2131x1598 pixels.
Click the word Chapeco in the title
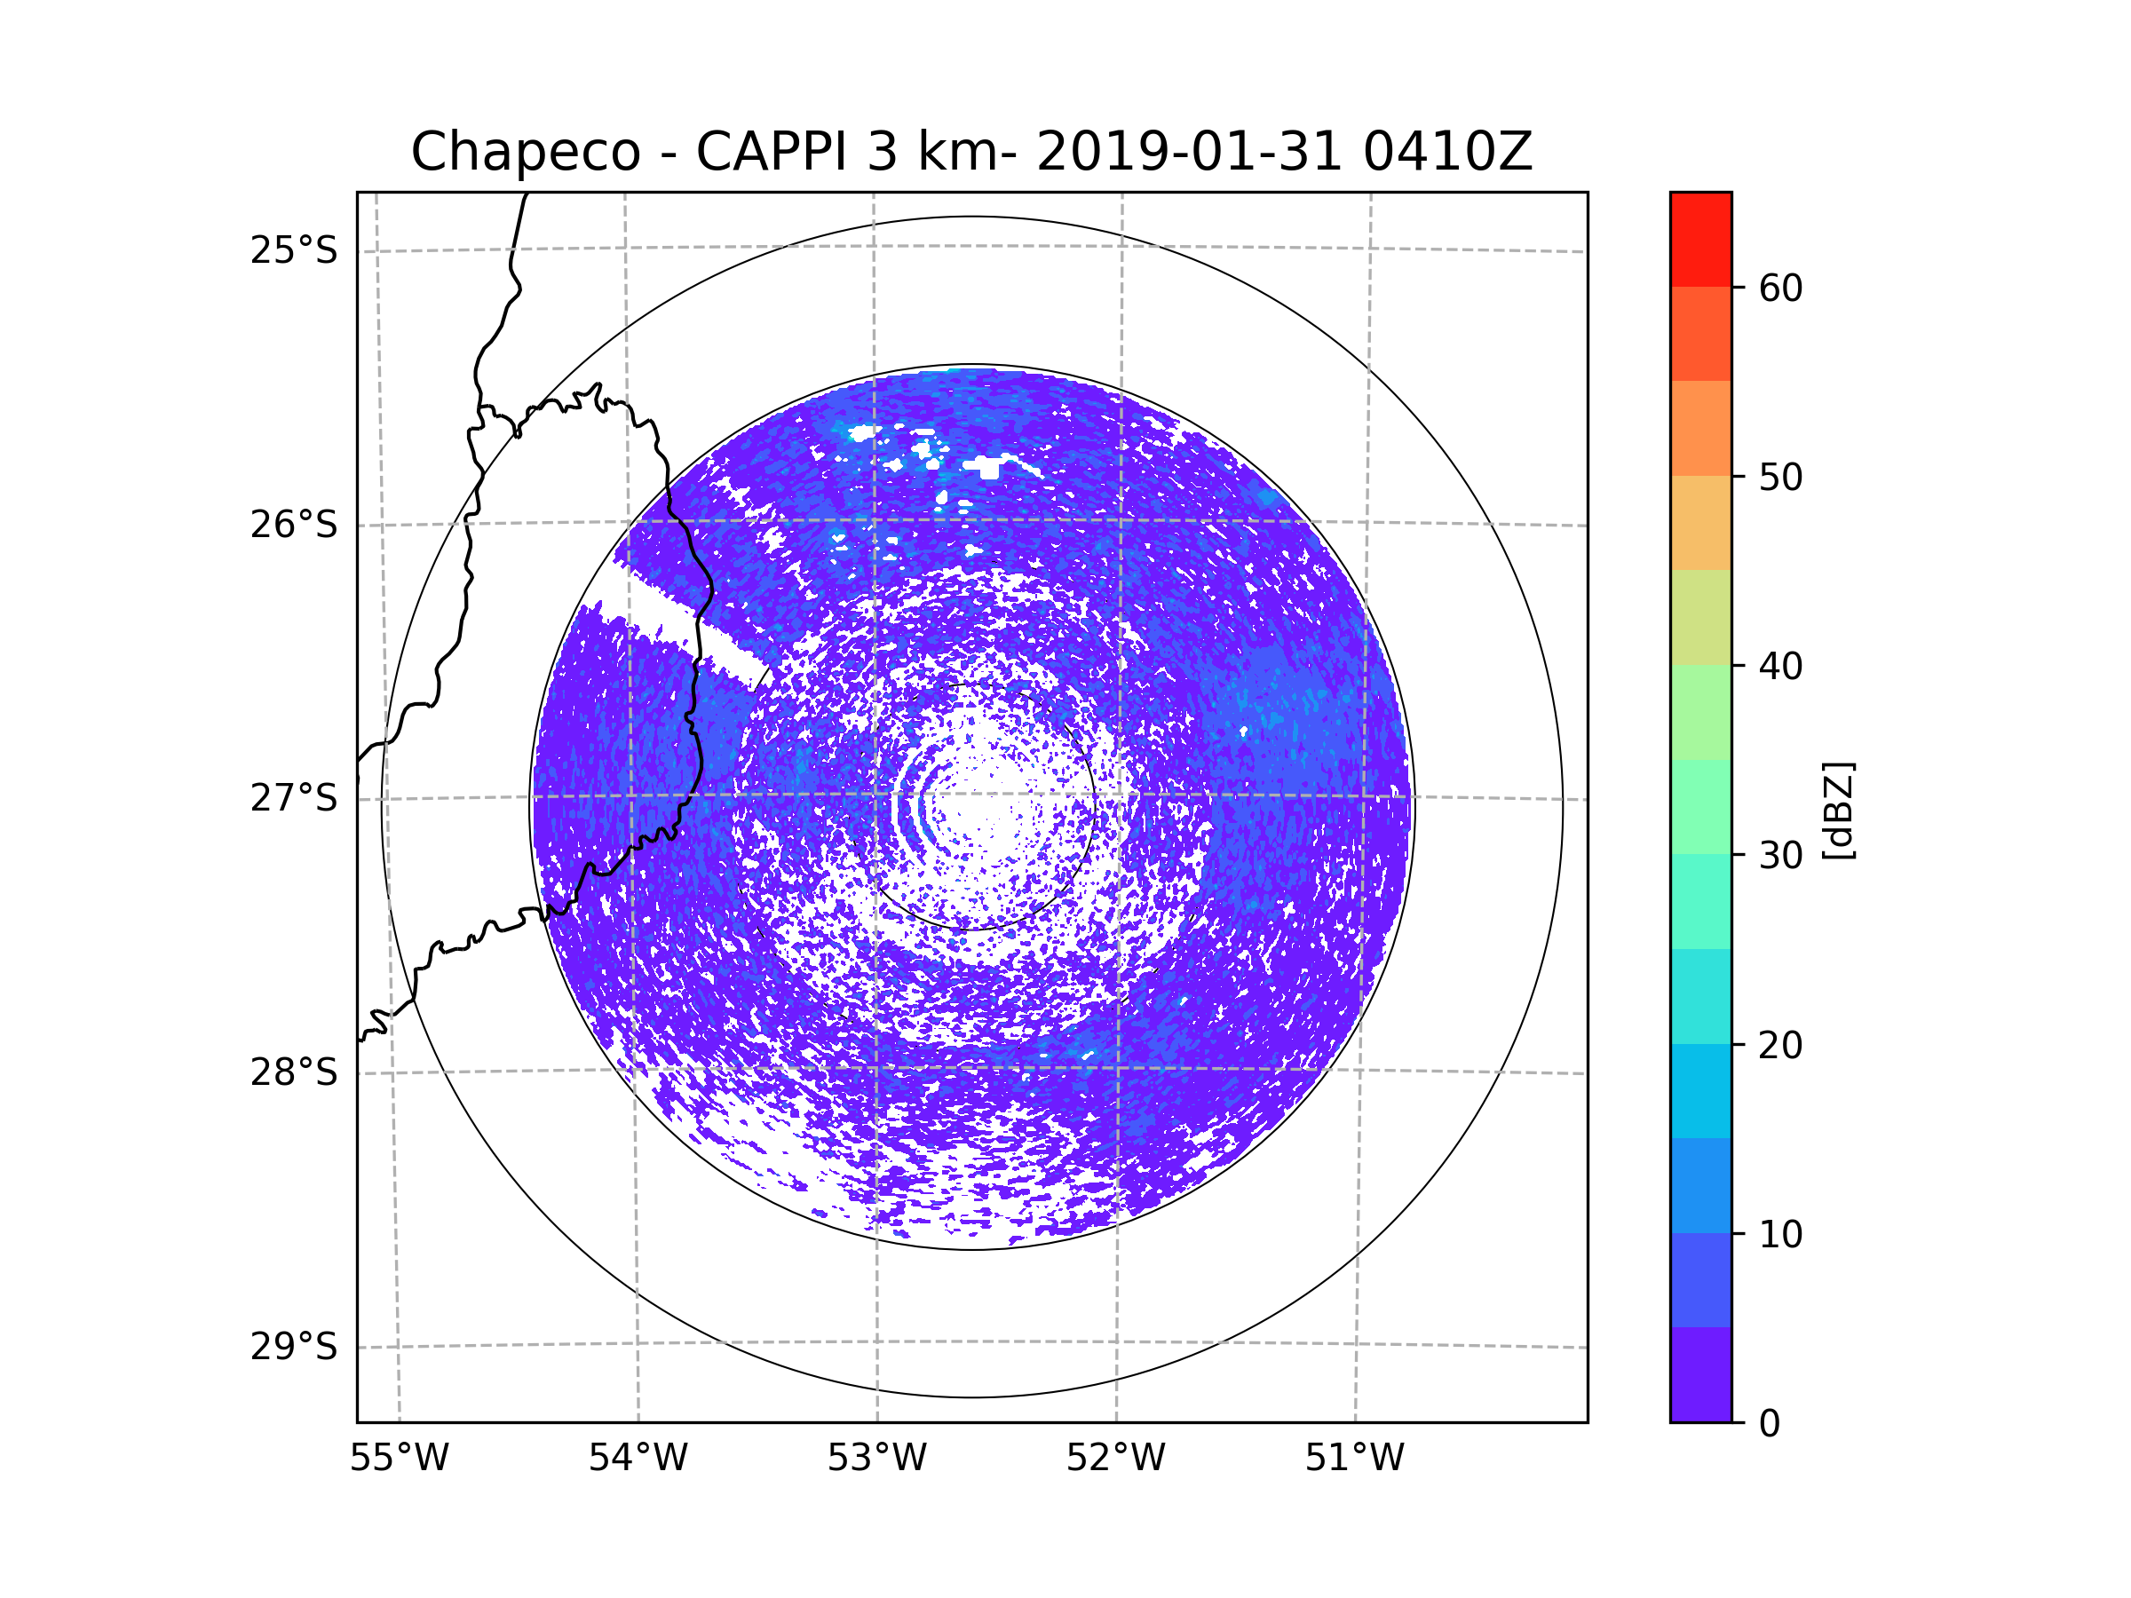point(525,152)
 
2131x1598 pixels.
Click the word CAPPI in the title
point(772,152)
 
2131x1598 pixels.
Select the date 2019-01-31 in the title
point(1188,152)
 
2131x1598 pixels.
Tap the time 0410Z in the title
point(1447,152)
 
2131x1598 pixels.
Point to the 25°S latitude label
point(294,250)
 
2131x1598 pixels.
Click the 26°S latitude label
point(294,525)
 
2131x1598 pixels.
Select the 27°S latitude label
point(294,798)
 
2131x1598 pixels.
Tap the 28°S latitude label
point(294,1072)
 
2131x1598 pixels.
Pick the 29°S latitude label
point(294,1347)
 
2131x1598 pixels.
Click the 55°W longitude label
point(399,1459)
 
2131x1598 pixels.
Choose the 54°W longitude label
point(638,1459)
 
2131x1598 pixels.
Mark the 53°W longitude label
point(876,1459)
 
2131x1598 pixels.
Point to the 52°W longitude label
point(1115,1459)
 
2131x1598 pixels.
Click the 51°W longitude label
point(1354,1459)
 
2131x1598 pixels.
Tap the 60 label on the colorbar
point(1780,288)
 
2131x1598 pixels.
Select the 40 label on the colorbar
point(1780,667)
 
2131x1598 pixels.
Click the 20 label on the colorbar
point(1780,1045)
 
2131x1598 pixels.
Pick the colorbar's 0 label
point(1770,1424)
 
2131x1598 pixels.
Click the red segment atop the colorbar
point(1700,239)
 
